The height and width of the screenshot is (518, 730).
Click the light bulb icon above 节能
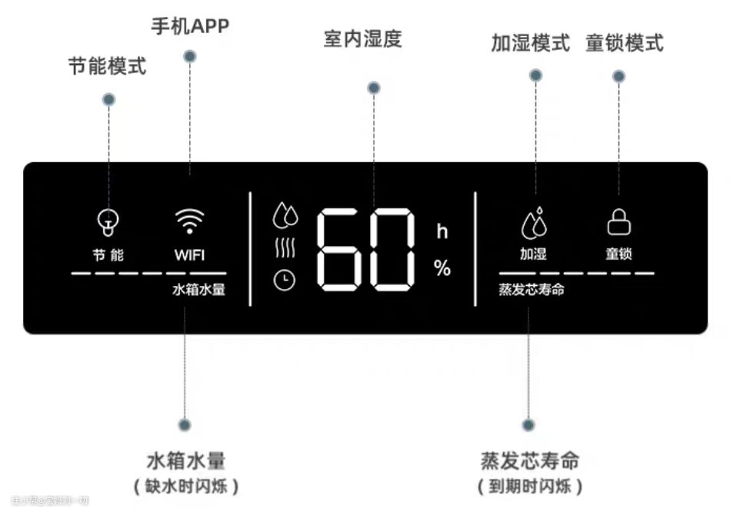pyautogui.click(x=108, y=222)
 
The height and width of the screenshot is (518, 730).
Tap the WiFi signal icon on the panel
pyautogui.click(x=189, y=221)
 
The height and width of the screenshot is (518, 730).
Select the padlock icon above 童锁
pyautogui.click(x=618, y=222)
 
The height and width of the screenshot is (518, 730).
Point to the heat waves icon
pyautogui.click(x=285, y=248)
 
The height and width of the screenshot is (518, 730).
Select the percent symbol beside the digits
pyautogui.click(x=442, y=268)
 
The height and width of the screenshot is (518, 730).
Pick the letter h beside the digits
pyautogui.click(x=442, y=231)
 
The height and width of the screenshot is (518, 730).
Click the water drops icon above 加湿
pyautogui.click(x=534, y=222)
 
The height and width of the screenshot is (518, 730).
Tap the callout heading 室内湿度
pyautogui.click(x=363, y=39)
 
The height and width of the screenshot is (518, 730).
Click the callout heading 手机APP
pyautogui.click(x=189, y=26)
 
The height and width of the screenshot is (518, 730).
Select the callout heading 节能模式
pyautogui.click(x=107, y=67)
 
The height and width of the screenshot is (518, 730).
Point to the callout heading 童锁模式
pyautogui.click(x=624, y=42)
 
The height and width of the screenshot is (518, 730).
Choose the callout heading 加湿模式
pyautogui.click(x=531, y=42)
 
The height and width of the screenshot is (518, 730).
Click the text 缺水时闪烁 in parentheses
pyautogui.click(x=185, y=486)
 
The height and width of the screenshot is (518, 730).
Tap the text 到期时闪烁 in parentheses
pyautogui.click(x=530, y=486)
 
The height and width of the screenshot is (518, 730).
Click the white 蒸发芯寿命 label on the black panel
pyautogui.click(x=532, y=290)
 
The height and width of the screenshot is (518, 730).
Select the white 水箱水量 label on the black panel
pyautogui.click(x=198, y=290)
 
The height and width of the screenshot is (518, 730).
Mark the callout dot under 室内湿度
pyautogui.click(x=374, y=88)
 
